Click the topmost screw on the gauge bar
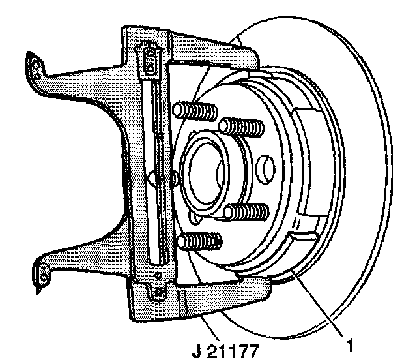[150, 53]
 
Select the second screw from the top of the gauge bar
[151, 67]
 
